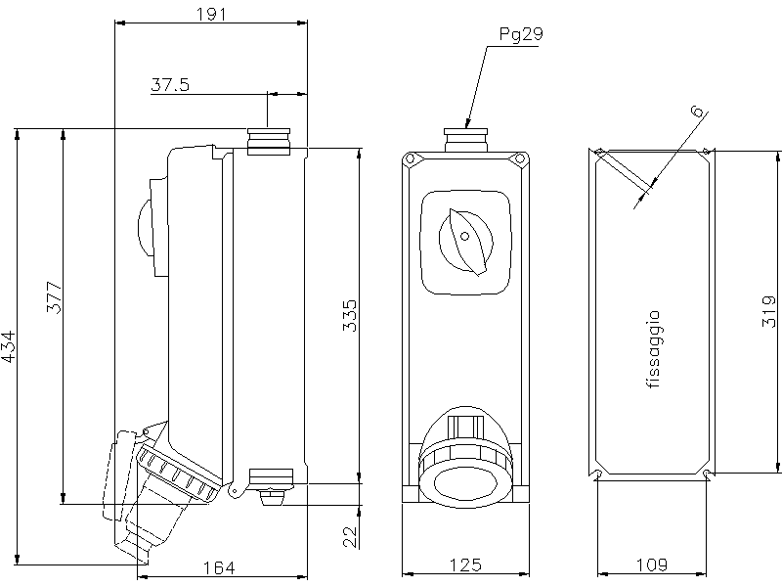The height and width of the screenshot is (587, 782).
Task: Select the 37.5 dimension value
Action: coord(170,85)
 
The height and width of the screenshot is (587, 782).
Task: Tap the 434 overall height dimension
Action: coord(9,346)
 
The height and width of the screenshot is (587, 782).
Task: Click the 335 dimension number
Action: coord(350,316)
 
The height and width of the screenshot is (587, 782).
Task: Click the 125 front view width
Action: coord(465,564)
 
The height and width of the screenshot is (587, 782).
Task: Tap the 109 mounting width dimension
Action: coord(651,564)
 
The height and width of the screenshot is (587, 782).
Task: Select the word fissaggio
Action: coord(654,350)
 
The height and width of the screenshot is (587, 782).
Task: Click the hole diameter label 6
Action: coord(695,113)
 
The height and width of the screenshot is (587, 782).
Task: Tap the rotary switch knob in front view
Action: coord(465,240)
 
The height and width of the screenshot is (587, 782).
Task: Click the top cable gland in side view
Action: coord(270,142)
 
